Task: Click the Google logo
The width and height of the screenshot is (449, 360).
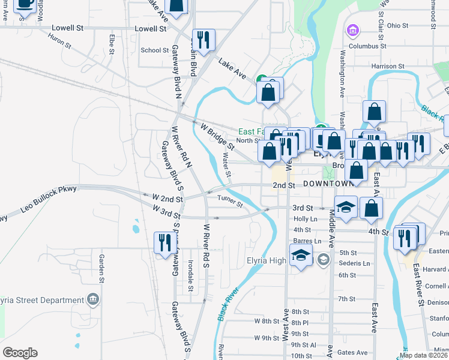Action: point(20,353)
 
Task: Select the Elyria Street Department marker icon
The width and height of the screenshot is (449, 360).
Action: point(92,299)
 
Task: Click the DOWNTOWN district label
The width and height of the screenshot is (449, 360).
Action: point(328,183)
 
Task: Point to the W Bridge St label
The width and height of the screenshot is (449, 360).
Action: point(217,137)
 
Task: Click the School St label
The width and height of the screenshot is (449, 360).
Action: point(154,50)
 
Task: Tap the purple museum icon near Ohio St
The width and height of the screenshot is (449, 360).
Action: point(352,30)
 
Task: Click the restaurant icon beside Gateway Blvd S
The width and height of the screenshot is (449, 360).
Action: point(164,242)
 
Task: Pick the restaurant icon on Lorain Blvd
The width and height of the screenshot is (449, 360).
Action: point(203,40)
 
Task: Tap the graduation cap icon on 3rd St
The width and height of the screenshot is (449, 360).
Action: point(345,208)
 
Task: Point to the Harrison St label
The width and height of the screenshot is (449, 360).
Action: point(388,66)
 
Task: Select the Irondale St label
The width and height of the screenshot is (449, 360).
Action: point(190,276)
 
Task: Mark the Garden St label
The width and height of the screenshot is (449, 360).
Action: point(101,268)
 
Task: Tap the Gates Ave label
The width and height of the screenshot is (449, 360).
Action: point(352,353)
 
